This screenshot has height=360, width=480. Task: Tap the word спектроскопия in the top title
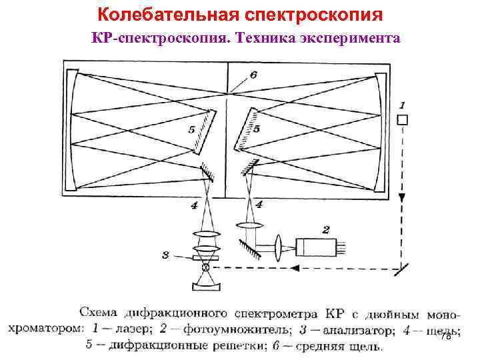319,13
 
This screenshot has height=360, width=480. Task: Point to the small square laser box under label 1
401,120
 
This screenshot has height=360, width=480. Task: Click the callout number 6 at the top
253,75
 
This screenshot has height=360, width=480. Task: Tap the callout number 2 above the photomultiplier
325,230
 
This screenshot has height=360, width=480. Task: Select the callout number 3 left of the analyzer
165,254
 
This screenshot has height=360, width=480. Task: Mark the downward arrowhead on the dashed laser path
401,198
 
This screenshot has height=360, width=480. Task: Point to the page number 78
446,337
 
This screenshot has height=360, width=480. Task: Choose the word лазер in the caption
136,330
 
